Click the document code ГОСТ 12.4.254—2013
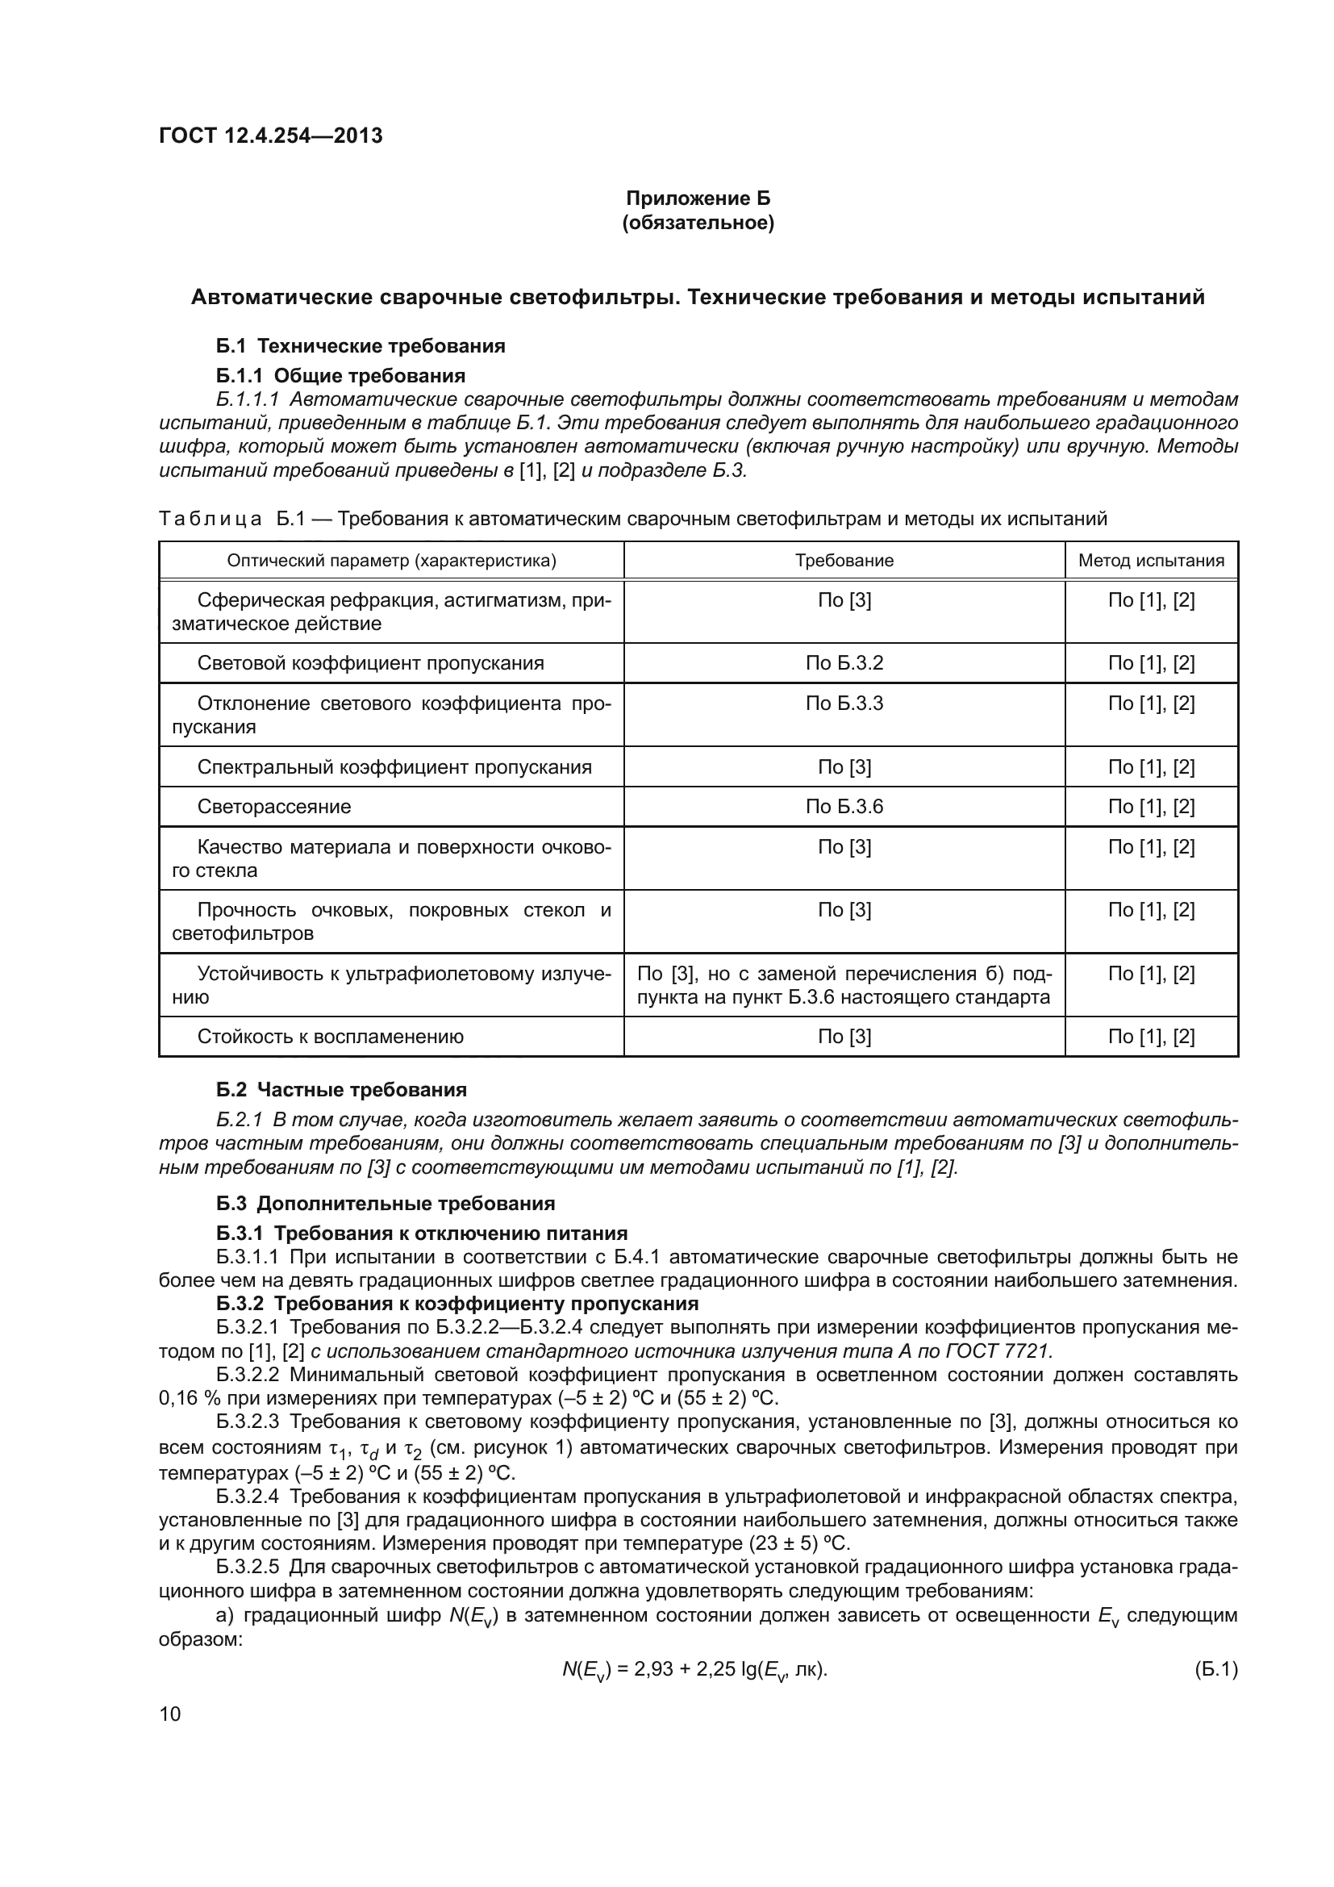(x=270, y=136)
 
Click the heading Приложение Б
(x=698, y=198)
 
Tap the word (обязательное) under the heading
(x=698, y=223)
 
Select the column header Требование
(x=844, y=561)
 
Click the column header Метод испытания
(x=1150, y=561)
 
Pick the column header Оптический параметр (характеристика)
(x=391, y=561)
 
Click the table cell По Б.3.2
(x=844, y=663)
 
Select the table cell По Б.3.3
(x=844, y=703)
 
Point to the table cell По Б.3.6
(x=844, y=806)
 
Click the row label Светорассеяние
(x=273, y=806)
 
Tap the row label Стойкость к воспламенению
(x=330, y=1037)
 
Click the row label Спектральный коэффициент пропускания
(x=394, y=766)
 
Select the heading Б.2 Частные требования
(x=341, y=1090)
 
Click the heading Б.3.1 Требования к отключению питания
(x=421, y=1233)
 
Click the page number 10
(x=169, y=1714)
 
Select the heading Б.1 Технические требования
(x=361, y=346)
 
